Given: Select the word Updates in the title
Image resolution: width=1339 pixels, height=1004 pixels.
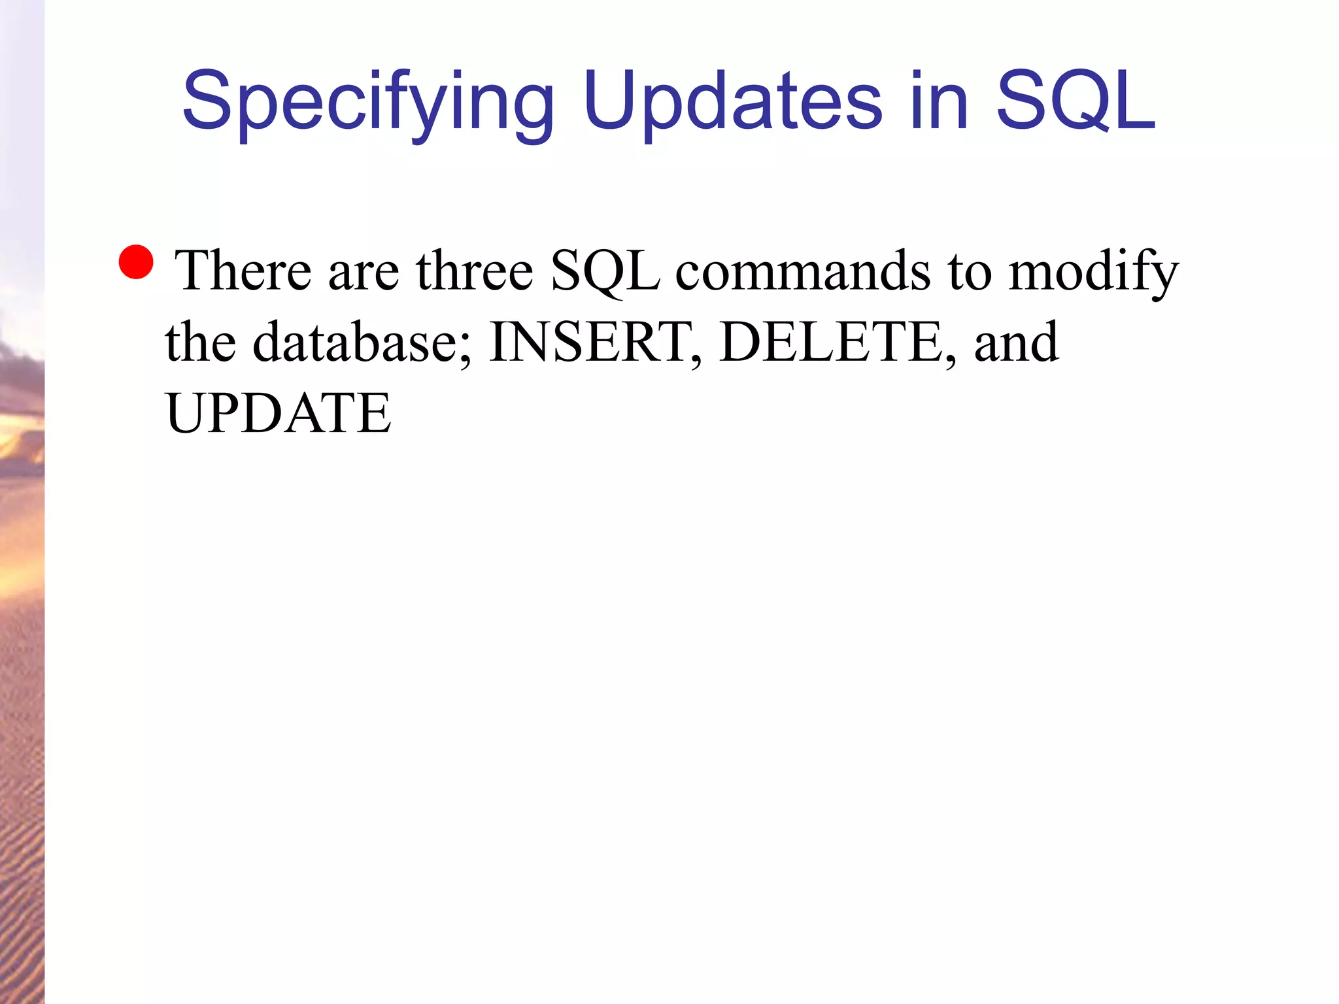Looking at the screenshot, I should click(x=732, y=101).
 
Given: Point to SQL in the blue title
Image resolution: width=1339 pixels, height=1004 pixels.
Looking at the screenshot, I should click(x=1076, y=101).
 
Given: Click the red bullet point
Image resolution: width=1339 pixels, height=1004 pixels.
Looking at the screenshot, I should click(x=136, y=262).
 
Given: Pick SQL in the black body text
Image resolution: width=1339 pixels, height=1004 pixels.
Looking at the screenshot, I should click(x=605, y=271).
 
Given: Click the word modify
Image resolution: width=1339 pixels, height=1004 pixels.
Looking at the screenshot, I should click(x=1093, y=271).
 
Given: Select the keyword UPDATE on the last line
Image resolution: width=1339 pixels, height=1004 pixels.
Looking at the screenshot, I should click(x=279, y=413).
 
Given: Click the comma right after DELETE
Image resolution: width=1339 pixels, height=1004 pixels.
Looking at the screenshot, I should click(x=951, y=359).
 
